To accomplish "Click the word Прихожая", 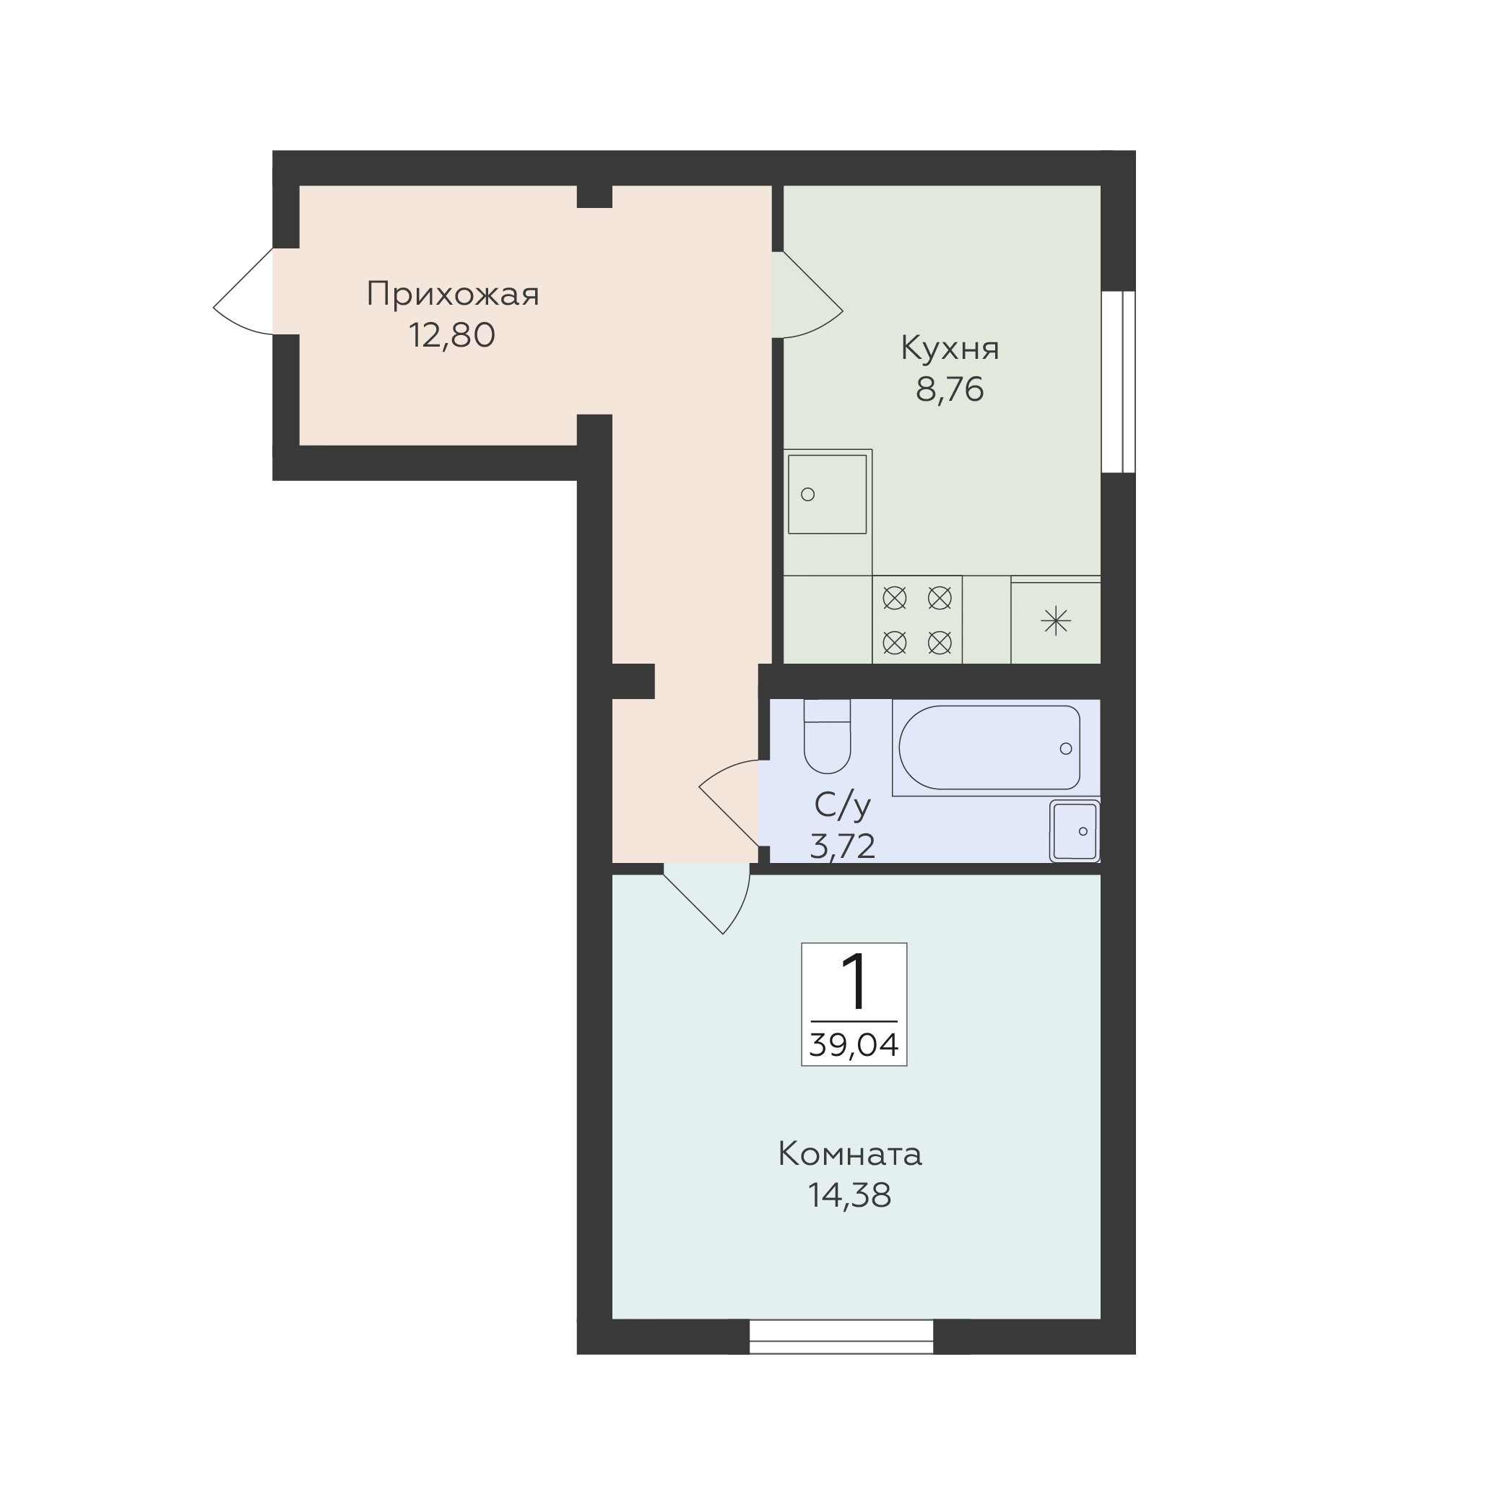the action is (453, 295).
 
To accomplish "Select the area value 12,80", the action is (452, 336).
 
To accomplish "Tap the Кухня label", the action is (950, 350).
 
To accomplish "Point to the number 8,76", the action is (950, 389).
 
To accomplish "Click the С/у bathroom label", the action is (842, 805).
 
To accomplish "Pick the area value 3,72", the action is (842, 845).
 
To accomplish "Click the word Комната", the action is (850, 1155).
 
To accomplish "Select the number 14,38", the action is (850, 1195).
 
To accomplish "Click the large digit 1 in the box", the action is (854, 981).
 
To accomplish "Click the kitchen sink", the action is (828, 495).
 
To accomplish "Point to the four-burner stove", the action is (917, 620).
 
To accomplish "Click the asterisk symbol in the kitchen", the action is (1056, 621).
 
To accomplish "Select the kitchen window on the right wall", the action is (1118, 382).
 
